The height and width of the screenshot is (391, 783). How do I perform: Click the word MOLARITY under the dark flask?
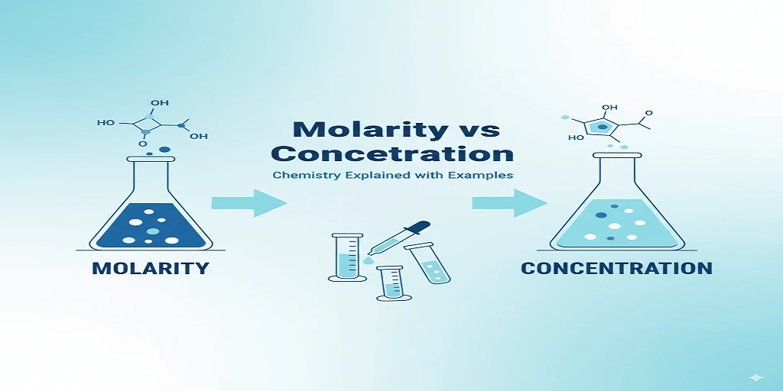pos(150,268)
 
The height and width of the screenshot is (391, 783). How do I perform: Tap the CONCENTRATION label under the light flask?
pos(616,268)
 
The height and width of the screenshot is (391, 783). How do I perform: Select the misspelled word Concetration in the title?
pos(391,153)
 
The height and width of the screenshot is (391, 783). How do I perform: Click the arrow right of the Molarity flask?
pos(249,202)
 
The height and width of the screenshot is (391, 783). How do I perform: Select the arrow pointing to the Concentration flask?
pos(509,202)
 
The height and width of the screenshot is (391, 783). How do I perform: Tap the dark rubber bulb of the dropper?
pos(418,228)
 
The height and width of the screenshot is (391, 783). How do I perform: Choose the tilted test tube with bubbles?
pos(428,263)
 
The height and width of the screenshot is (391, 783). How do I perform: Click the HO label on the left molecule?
pos(106,122)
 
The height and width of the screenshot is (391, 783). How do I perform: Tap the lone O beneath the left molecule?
pos(143,143)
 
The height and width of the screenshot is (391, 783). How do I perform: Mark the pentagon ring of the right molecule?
pos(602,127)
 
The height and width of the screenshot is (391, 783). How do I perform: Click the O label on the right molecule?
pos(648,114)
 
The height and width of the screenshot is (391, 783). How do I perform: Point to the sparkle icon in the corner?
pos(756,378)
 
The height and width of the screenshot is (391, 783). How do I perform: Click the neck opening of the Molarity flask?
pos(150,159)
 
